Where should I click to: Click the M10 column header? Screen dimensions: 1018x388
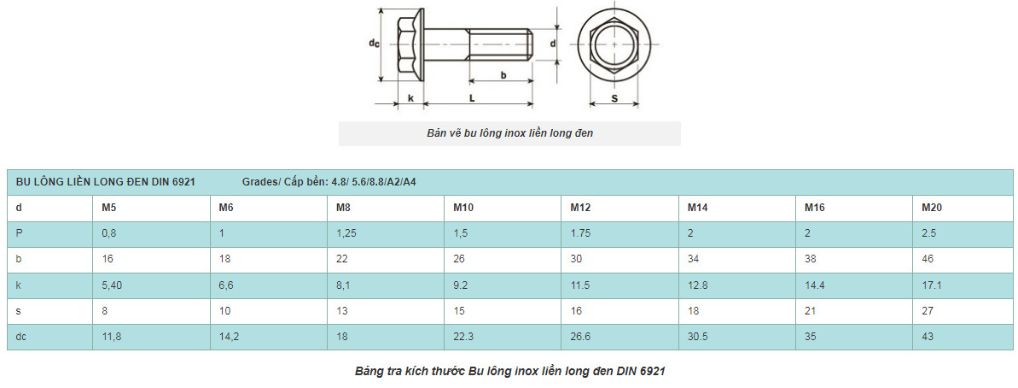462,208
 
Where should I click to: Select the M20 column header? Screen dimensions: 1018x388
932,208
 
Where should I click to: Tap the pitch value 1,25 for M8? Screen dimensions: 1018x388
346,234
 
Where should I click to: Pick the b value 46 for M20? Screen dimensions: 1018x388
928,259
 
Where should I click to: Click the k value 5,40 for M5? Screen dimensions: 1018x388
112,285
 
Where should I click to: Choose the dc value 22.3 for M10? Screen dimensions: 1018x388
462,337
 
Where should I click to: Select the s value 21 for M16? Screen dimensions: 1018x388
811,311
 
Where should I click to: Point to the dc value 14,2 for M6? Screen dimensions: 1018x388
229,337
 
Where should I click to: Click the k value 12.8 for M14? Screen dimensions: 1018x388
697,285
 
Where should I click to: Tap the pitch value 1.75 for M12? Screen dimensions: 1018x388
580,234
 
